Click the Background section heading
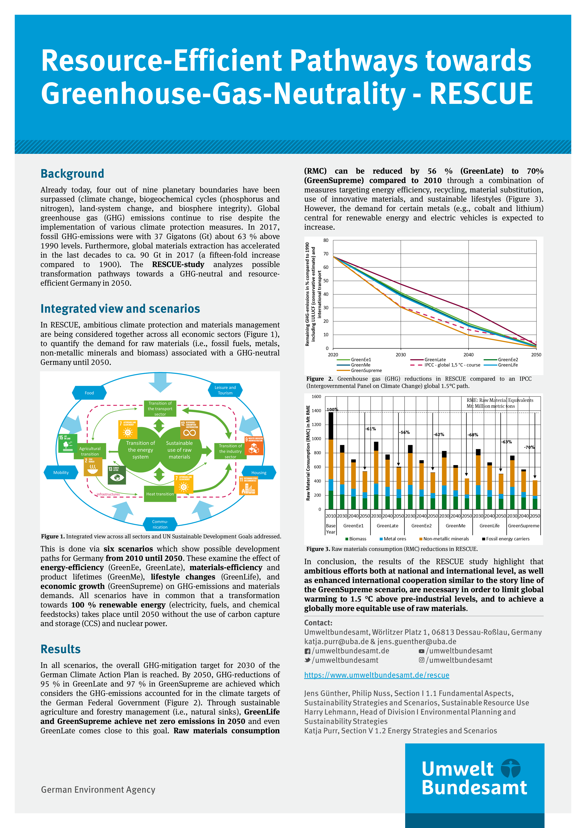click(x=72, y=174)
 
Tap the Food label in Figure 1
click(x=89, y=393)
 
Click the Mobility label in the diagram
click(x=61, y=472)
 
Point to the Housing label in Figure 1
click(x=259, y=472)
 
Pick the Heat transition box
click(x=160, y=494)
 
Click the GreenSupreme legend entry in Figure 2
click(x=366, y=370)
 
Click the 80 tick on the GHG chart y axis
click(x=326, y=241)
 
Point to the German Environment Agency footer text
click(x=98, y=790)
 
